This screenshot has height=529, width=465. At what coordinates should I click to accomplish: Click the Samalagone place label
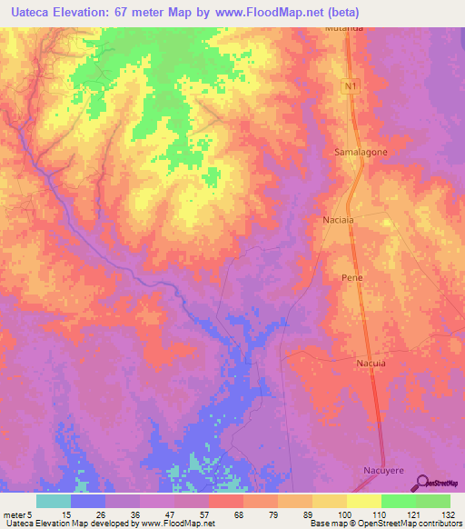[361, 152]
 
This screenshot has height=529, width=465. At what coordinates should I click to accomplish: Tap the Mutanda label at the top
[344, 28]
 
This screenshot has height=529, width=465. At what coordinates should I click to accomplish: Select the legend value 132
[449, 514]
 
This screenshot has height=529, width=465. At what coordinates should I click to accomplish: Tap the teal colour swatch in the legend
[54, 501]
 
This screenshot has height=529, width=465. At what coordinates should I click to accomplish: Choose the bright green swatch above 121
[399, 501]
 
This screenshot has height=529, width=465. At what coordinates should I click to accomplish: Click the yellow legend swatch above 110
[364, 501]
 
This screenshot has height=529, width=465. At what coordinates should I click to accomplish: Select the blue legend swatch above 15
[88, 501]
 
